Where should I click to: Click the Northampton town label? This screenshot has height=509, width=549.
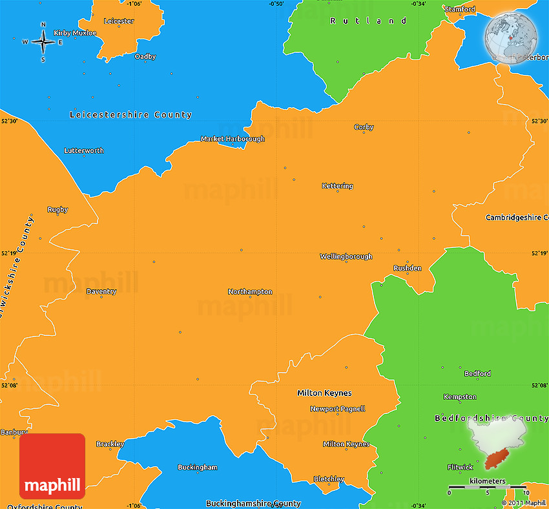coord(250,292)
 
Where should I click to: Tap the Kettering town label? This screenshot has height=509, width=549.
coord(337,186)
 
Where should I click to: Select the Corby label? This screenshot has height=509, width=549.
coord(364,127)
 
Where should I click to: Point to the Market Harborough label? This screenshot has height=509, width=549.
coord(233,139)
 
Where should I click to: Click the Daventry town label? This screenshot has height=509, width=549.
coord(101,291)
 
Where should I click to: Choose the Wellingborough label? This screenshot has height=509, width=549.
coord(346,256)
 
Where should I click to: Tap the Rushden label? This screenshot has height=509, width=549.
coord(408,268)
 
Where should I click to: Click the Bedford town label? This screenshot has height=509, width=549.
coord(477,373)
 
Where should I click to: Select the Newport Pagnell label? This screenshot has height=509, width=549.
coord(338,409)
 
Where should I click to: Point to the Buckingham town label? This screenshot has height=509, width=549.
coord(198,467)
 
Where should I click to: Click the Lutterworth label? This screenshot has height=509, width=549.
coord(84,151)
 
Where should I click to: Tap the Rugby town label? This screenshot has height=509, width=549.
coord(57,209)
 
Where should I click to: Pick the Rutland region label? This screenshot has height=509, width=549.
coord(368,21)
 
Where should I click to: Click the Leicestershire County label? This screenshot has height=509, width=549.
coord(130,115)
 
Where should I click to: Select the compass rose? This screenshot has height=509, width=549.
coord(43,42)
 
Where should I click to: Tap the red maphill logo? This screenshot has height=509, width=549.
coord(52,466)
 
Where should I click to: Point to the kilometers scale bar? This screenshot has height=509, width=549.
coord(488,486)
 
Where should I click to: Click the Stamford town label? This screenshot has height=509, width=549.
coord(459,9)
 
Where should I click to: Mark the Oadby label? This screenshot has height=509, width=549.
coord(145,57)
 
